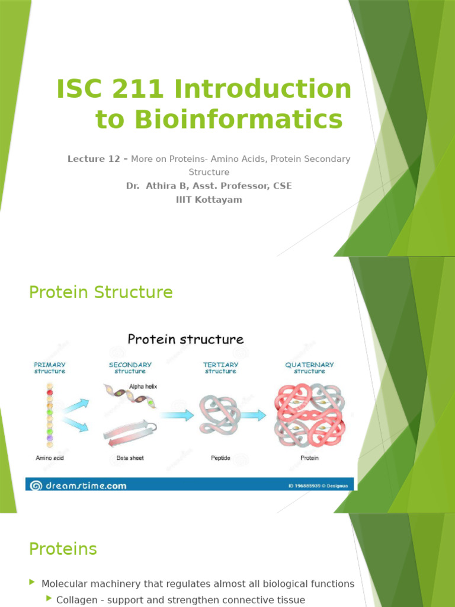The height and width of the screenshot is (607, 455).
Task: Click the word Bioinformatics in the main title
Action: (219, 119)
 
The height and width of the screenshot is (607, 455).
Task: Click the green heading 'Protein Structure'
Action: (101, 292)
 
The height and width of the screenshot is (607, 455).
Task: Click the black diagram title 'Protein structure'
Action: (185, 340)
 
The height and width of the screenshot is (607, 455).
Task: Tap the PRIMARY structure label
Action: (50, 368)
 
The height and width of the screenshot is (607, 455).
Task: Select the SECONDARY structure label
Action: (130, 368)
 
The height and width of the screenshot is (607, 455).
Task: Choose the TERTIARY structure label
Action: (220, 368)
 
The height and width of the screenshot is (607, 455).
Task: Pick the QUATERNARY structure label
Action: (309, 368)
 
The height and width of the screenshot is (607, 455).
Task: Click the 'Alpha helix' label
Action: (143, 386)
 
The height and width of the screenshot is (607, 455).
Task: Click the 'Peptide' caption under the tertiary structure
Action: (220, 458)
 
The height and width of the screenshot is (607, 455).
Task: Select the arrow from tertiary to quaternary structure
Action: (253, 415)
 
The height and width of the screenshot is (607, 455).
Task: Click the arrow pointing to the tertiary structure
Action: (177, 415)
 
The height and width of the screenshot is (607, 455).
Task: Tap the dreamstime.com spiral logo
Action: (36, 485)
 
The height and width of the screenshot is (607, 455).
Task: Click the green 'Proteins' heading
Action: (63, 549)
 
